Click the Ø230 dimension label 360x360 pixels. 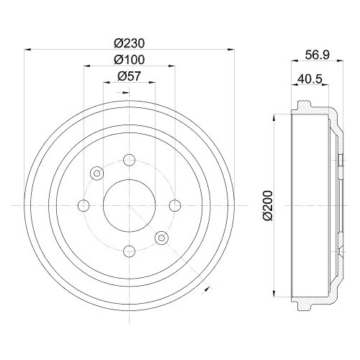click(x=130, y=41)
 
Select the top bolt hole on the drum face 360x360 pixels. click(x=130, y=160)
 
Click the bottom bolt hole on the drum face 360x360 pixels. click(x=130, y=251)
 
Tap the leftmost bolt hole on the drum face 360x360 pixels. click(x=84, y=205)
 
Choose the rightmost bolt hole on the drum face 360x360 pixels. click(x=175, y=205)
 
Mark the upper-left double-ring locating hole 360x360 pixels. click(x=97, y=173)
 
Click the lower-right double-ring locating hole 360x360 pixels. click(x=162, y=237)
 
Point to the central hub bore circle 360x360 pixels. click(x=130, y=205)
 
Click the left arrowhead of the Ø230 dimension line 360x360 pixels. click(x=28, y=49)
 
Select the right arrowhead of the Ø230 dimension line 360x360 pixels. click(x=231, y=49)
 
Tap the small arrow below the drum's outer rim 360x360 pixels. click(x=208, y=289)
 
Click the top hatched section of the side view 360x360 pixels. click(x=317, y=115)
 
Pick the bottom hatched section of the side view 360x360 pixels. click(x=317, y=295)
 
